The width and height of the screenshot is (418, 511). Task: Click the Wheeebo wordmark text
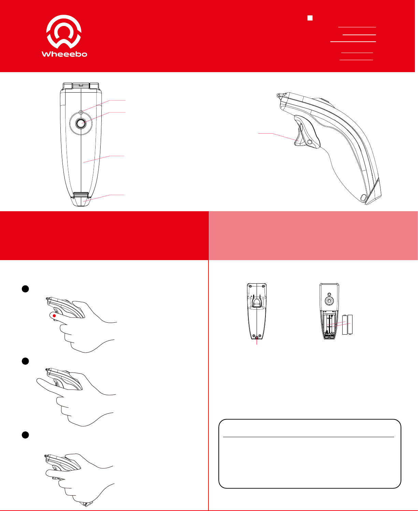click(x=64, y=54)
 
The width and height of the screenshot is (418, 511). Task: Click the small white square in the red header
click(x=310, y=18)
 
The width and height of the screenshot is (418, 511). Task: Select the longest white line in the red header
click(x=353, y=42)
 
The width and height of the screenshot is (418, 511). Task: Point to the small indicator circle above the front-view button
click(x=81, y=112)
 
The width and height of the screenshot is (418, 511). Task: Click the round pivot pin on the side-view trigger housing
click(x=309, y=142)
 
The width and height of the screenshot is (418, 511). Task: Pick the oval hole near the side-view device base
click(x=363, y=198)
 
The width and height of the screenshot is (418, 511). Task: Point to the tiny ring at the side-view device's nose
click(x=279, y=95)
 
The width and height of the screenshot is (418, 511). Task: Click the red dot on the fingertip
click(x=54, y=316)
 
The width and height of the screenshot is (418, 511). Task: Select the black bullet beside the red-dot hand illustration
click(x=25, y=289)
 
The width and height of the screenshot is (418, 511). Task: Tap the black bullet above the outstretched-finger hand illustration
click(x=25, y=361)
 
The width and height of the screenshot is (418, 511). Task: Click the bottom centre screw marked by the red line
click(x=257, y=337)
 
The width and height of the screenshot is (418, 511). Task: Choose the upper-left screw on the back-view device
click(x=250, y=286)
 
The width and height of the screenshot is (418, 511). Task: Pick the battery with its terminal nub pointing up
click(x=345, y=325)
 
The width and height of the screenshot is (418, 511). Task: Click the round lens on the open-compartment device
click(x=329, y=301)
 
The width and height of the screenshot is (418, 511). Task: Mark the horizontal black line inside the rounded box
click(x=308, y=437)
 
